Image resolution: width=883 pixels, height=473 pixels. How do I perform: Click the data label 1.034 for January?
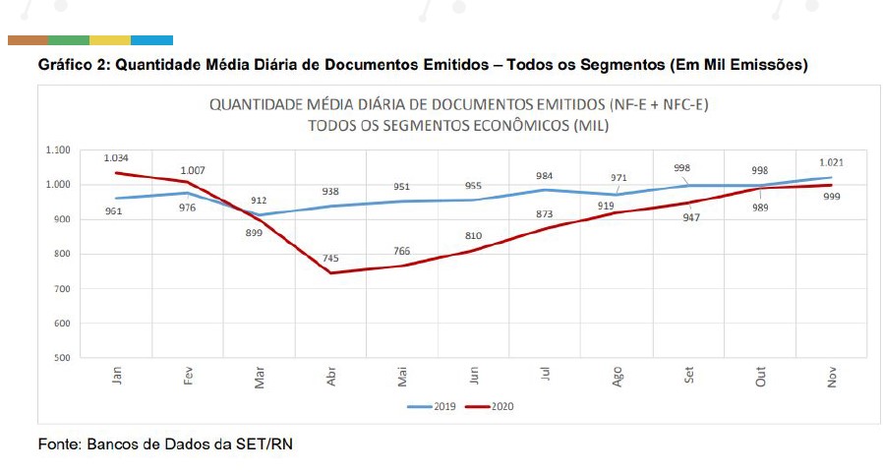coord(115,157)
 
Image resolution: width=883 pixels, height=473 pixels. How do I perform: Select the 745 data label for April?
coord(330,259)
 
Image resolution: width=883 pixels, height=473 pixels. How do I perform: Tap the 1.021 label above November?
coord(831,162)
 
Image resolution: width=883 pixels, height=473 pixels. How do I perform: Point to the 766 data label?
coord(401,251)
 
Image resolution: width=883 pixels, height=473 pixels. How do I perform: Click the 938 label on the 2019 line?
coord(330,192)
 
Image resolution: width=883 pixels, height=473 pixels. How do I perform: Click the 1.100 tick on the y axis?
coord(58,149)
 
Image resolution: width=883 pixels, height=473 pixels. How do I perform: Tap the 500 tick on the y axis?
coord(62,358)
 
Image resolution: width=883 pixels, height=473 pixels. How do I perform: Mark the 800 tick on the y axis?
coord(62,254)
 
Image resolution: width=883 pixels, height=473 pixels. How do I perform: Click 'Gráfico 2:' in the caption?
coord(74,66)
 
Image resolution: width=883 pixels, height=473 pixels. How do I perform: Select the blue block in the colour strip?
coord(151,40)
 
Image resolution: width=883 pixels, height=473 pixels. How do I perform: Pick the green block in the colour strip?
coord(68,40)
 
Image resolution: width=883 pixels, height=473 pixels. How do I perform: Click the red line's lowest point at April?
coord(331,272)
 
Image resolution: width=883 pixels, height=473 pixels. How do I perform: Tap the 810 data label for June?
coord(473,236)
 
